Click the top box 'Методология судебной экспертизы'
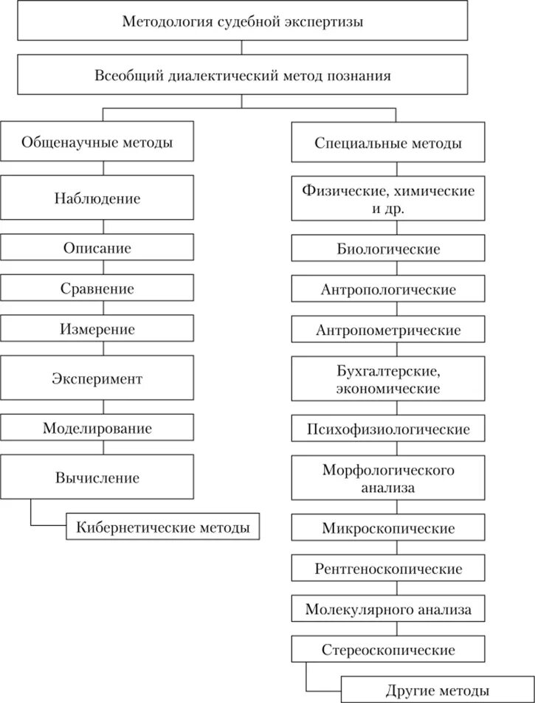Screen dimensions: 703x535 tap(243, 21)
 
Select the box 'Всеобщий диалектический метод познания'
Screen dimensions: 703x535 tap(243, 76)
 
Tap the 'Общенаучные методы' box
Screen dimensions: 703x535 tap(97, 142)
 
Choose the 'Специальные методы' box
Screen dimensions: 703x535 tap(388, 143)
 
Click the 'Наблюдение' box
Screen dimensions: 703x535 tap(97, 198)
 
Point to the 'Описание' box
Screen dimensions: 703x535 tap(97, 248)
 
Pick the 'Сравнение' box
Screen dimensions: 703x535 tap(97, 288)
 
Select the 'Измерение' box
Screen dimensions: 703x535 tap(97, 329)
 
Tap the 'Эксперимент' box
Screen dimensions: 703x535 tap(97, 378)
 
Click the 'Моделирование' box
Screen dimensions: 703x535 tap(97, 428)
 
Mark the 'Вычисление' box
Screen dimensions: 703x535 tap(97, 477)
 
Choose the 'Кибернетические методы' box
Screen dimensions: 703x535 tap(163, 527)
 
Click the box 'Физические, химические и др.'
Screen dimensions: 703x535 tap(388, 198)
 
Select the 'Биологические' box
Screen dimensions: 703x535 tap(388, 249)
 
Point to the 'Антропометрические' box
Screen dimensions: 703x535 tap(388, 330)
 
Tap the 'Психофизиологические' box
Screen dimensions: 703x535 tap(388, 429)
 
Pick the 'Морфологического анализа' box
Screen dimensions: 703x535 tap(388, 478)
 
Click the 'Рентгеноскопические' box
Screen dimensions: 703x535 tap(388, 569)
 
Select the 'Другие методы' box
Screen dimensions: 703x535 tap(437, 690)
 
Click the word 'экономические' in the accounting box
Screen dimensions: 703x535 tap(388, 387)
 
